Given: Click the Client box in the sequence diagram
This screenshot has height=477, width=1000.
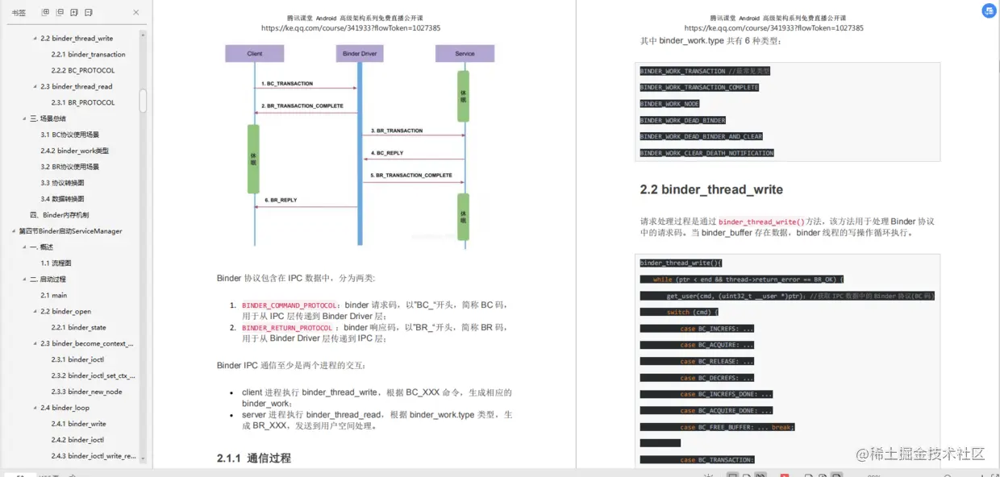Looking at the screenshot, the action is point(255,53).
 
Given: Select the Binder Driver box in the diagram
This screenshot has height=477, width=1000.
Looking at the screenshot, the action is point(360,53).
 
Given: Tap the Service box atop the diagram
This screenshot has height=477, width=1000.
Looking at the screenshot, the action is point(465,53).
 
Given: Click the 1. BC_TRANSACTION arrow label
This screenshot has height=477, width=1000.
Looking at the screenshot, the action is point(287,84).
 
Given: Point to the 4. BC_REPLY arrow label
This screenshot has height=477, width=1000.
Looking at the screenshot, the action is point(388,153).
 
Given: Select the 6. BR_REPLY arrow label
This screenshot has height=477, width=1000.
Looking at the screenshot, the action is point(281,200).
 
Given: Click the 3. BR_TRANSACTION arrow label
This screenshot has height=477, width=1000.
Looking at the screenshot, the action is point(397,131).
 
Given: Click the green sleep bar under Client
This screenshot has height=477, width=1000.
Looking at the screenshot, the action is point(253,159).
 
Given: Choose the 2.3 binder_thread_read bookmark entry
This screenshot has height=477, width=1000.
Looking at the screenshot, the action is point(77,87).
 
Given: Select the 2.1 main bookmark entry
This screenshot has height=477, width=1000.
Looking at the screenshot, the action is point(54,296).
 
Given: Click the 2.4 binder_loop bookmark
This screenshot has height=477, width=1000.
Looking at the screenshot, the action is point(65,408).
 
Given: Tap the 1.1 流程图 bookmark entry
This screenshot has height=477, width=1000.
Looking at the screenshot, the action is point(56,263).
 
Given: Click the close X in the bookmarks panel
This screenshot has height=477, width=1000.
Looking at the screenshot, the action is point(135,13).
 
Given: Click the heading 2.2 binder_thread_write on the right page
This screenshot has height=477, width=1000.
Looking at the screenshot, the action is point(711,190).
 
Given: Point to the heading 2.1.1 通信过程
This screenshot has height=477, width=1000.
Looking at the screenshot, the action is point(254,458).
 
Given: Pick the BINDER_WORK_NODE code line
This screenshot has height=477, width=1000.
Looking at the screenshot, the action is point(670,104).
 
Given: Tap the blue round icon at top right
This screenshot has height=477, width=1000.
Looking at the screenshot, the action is point(989,10).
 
